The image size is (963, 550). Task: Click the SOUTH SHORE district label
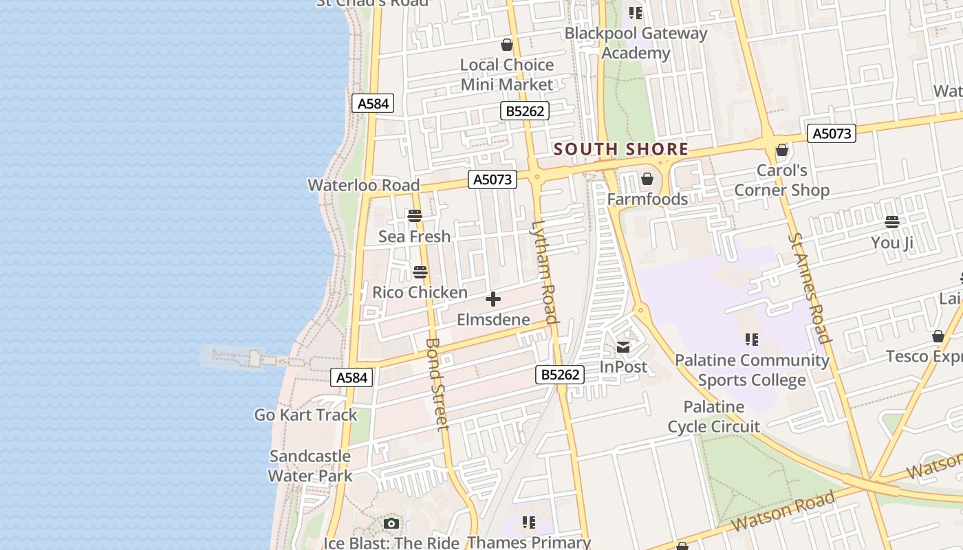(620, 149)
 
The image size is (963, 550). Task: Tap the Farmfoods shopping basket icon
(647, 179)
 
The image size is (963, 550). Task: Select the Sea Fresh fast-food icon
(415, 216)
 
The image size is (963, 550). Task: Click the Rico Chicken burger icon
(420, 272)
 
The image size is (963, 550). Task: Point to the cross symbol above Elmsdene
(493, 299)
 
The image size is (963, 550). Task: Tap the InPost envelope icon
(623, 347)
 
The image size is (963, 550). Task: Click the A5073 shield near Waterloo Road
(493, 179)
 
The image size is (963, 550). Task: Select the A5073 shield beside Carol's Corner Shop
(832, 133)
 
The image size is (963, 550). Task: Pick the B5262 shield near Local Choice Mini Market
(524, 111)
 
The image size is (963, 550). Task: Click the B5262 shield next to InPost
(560, 375)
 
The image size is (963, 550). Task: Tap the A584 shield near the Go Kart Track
(351, 377)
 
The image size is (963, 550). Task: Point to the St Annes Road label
(809, 287)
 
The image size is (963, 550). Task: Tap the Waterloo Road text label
(363, 185)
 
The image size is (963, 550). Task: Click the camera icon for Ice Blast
(391, 524)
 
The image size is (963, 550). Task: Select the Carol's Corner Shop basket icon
(781, 150)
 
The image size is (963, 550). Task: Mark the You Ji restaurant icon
(892, 222)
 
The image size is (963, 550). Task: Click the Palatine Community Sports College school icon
(752, 340)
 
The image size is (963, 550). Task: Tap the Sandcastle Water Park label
(310, 465)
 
